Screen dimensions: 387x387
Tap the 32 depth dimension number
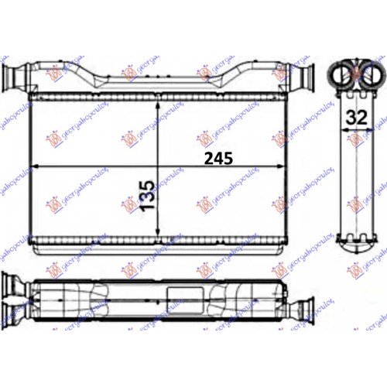coord(358,117)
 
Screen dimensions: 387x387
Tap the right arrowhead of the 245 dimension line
coord(293,166)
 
